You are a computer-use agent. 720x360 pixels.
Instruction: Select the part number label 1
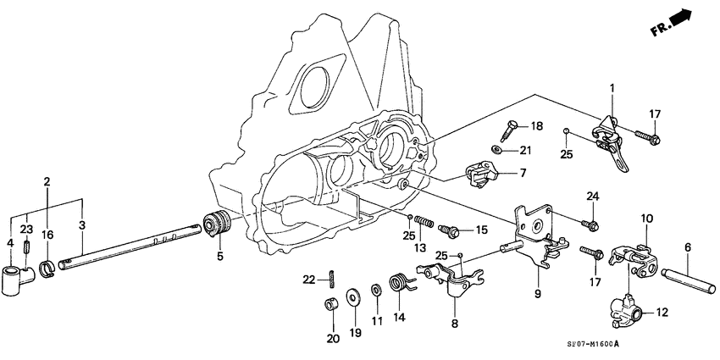coord(612,88)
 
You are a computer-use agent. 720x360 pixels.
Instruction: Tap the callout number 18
coord(536,126)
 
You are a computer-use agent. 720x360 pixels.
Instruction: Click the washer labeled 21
coord(502,150)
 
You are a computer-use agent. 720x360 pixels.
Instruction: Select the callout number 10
coord(645,219)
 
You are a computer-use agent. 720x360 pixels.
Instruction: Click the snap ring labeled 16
coord(48,271)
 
